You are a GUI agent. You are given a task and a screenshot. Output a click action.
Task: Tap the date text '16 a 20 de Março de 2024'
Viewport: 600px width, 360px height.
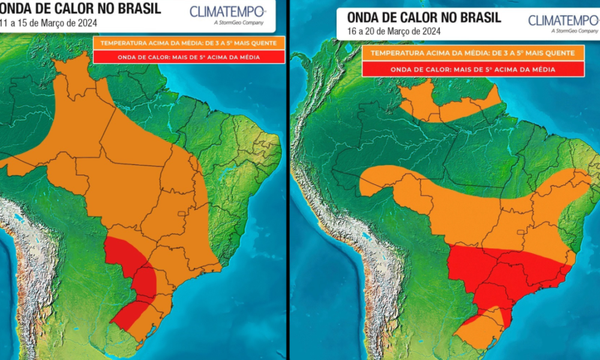coord(394,31)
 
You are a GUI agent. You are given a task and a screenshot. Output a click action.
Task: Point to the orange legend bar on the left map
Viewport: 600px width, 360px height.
coord(188,43)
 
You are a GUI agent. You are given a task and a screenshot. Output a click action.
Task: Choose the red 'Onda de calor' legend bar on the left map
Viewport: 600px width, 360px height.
coord(188,57)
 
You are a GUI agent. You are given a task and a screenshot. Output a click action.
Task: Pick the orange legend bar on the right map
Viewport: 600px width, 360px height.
coord(473,53)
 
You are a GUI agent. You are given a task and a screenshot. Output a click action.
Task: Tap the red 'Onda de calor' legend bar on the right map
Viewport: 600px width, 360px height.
coord(473,69)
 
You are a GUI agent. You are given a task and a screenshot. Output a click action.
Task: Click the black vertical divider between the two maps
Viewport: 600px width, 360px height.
coord(288,180)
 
